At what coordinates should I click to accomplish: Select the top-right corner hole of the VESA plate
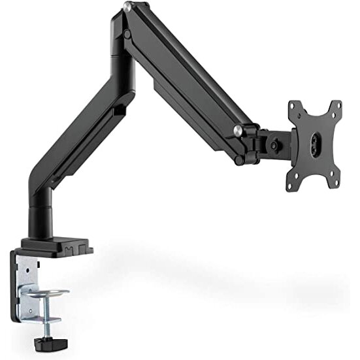click(x=337, y=106)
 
